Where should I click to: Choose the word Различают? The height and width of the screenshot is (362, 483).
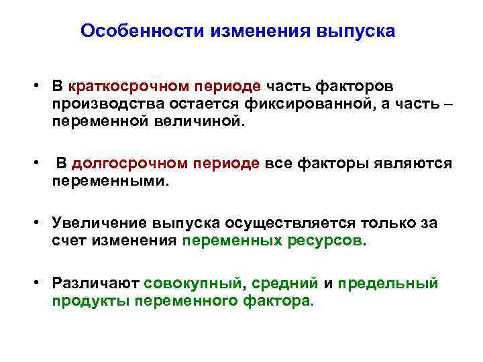[89, 283]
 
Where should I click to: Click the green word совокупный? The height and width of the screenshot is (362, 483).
[192, 283]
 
